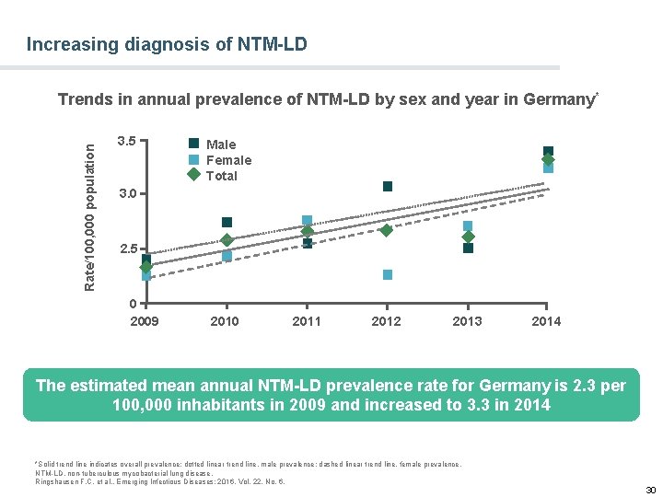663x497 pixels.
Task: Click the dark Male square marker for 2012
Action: point(388,187)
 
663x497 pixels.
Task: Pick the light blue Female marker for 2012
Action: point(388,275)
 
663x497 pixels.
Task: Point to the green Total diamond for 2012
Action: point(387,230)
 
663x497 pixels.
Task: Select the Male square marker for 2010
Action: point(227,223)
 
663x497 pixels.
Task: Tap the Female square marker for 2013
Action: point(468,226)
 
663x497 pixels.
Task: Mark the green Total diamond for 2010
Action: point(227,240)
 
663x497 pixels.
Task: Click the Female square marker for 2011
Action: point(308,221)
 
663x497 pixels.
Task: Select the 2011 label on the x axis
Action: point(307,321)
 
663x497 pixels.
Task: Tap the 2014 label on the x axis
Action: point(546,321)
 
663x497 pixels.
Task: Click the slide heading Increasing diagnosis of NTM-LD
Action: point(167,44)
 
